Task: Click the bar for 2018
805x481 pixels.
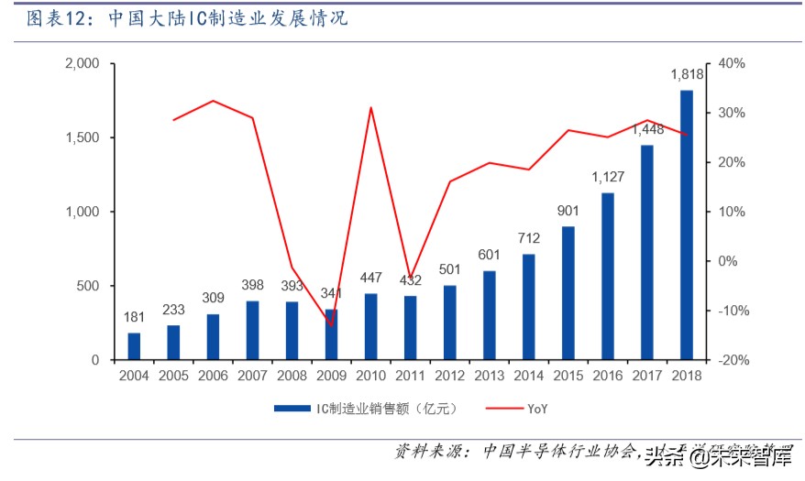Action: (687, 224)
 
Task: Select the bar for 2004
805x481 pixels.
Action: (134, 346)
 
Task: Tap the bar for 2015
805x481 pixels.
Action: (568, 293)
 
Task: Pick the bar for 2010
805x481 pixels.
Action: (370, 327)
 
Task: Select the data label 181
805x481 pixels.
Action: (134, 317)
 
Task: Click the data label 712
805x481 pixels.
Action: (529, 238)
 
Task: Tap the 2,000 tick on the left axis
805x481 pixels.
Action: (83, 64)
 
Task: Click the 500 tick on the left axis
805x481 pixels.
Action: (88, 286)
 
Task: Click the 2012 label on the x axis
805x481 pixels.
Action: (449, 375)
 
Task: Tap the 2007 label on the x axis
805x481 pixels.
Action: (252, 375)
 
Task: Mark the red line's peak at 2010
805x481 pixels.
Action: (370, 108)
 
